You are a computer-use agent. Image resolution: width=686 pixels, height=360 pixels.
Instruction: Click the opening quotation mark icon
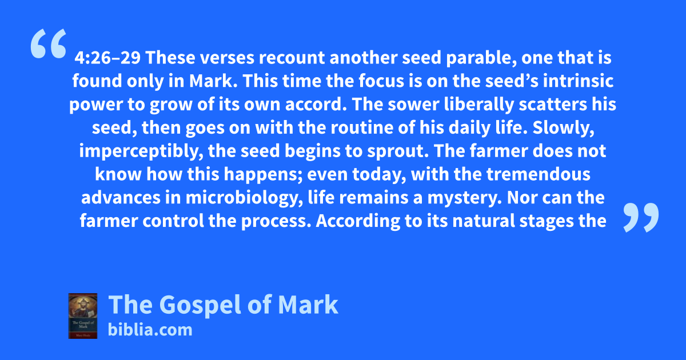click(x=49, y=43)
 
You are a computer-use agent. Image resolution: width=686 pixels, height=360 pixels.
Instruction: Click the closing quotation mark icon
click(x=641, y=217)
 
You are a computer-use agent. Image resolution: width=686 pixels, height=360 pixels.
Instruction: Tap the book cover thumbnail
click(x=83, y=316)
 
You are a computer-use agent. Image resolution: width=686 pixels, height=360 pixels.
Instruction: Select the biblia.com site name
click(x=150, y=330)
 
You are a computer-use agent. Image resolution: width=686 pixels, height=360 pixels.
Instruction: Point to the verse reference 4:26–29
click(x=107, y=58)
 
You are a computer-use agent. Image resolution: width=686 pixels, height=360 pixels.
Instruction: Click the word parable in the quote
click(x=481, y=58)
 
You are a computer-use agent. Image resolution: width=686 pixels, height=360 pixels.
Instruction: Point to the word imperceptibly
click(x=141, y=151)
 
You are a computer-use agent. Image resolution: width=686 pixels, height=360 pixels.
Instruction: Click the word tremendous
click(x=539, y=174)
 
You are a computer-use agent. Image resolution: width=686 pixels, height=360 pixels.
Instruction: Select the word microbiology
click(x=242, y=198)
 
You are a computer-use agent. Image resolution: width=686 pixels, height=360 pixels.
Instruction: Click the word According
click(x=358, y=221)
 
